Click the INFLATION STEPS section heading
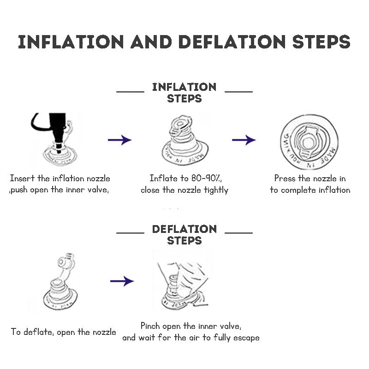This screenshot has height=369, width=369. pyautogui.click(x=184, y=92)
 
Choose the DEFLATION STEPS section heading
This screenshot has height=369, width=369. pyautogui.click(x=184, y=234)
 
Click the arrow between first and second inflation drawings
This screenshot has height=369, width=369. pyautogui.click(x=119, y=140)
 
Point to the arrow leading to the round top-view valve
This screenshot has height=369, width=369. pyautogui.click(x=244, y=140)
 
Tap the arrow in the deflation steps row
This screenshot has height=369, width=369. pyautogui.click(x=122, y=281)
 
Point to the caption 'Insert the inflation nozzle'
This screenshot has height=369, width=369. pyautogui.click(x=60, y=179)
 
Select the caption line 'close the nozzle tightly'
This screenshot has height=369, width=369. pyautogui.click(x=184, y=190)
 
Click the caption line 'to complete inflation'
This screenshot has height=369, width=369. pyautogui.click(x=310, y=190)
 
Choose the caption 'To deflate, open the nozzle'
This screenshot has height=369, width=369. pyautogui.click(x=64, y=332)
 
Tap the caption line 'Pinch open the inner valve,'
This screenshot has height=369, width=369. pyautogui.click(x=191, y=326)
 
